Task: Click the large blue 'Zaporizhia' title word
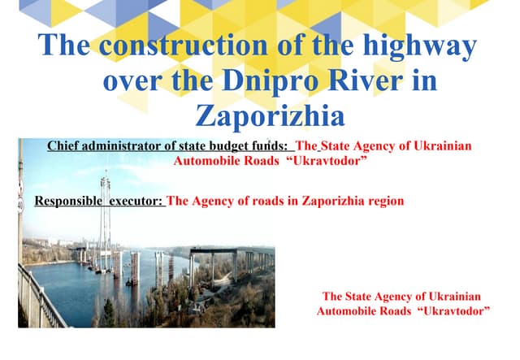click(270, 115)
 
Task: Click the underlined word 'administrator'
click(119, 147)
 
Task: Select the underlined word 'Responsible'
click(68, 201)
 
